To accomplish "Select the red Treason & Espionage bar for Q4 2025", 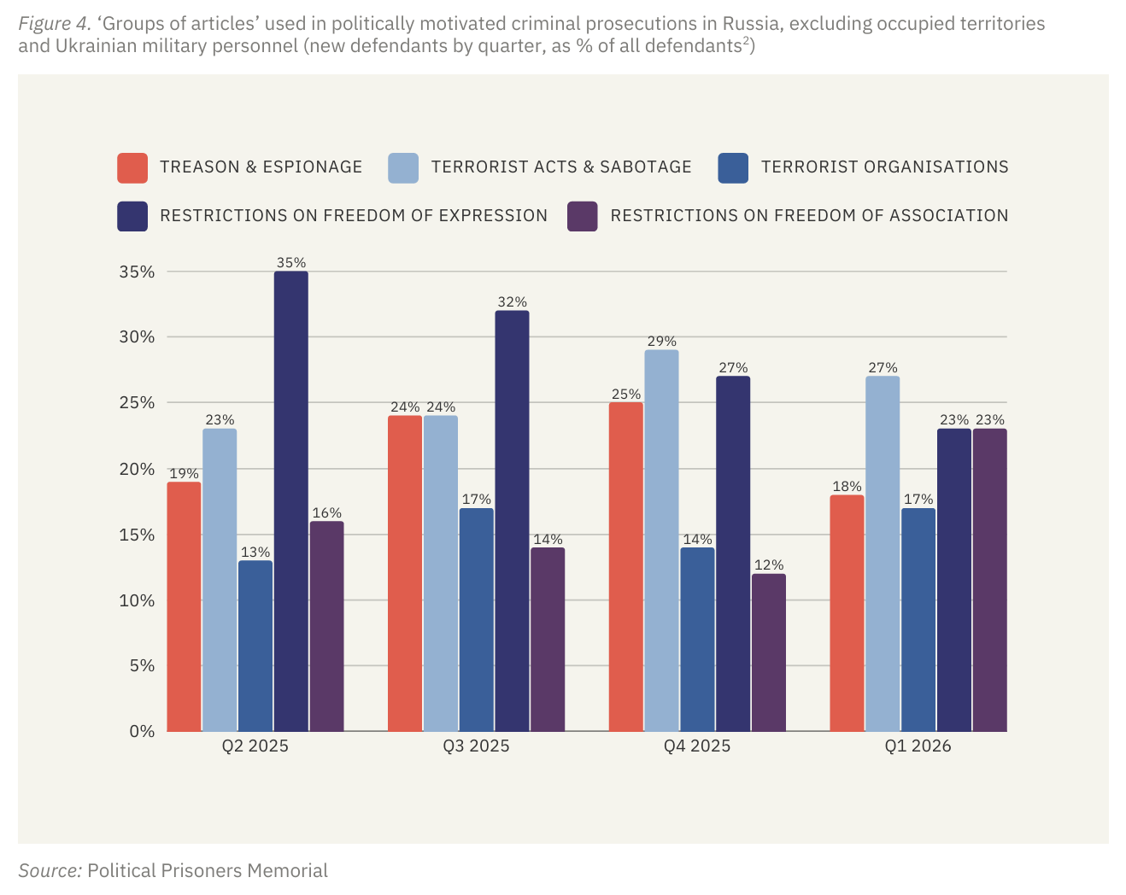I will [x=625, y=567].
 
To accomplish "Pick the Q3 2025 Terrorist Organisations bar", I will [x=476, y=620].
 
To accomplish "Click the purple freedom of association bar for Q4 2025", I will [x=768, y=652].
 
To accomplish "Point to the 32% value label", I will [x=512, y=302].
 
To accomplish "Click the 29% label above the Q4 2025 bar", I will [x=661, y=342].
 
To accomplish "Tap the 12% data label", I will [x=768, y=565].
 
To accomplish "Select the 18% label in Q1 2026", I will [x=846, y=487].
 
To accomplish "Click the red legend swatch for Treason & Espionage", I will [x=132, y=167].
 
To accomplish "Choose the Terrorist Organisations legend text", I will [x=884, y=167].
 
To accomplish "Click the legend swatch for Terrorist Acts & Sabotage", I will [x=403, y=167].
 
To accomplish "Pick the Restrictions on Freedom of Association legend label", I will [x=808, y=216].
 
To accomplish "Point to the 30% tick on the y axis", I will [x=137, y=337].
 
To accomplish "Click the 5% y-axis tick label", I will [x=142, y=665].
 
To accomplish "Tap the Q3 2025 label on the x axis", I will [x=476, y=746].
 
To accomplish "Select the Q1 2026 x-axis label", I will [x=918, y=746].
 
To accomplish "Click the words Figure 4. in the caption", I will [x=55, y=24].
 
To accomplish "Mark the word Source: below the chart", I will [x=50, y=871].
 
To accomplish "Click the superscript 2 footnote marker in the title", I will [x=745, y=40].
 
